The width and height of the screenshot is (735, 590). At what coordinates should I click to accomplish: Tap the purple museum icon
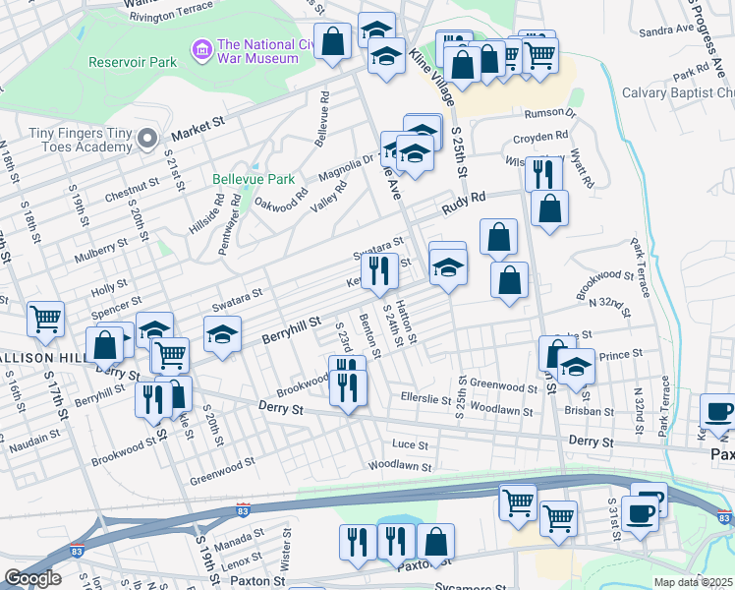click(203, 48)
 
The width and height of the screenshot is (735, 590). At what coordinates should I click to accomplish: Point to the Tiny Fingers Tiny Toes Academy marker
click(147, 137)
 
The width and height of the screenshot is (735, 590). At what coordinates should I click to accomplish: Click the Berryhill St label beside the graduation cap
click(292, 329)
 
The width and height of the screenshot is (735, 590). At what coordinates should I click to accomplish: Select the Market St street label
click(198, 128)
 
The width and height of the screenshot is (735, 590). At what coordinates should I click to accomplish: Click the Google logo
click(32, 578)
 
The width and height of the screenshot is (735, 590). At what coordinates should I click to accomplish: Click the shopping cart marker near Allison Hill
click(45, 319)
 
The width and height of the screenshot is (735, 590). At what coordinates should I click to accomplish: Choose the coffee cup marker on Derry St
click(718, 411)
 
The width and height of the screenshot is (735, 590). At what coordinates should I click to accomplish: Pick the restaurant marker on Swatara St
click(378, 268)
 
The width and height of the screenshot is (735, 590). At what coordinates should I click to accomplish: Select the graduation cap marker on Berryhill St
click(223, 333)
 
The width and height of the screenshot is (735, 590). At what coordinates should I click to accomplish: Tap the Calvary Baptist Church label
click(678, 92)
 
